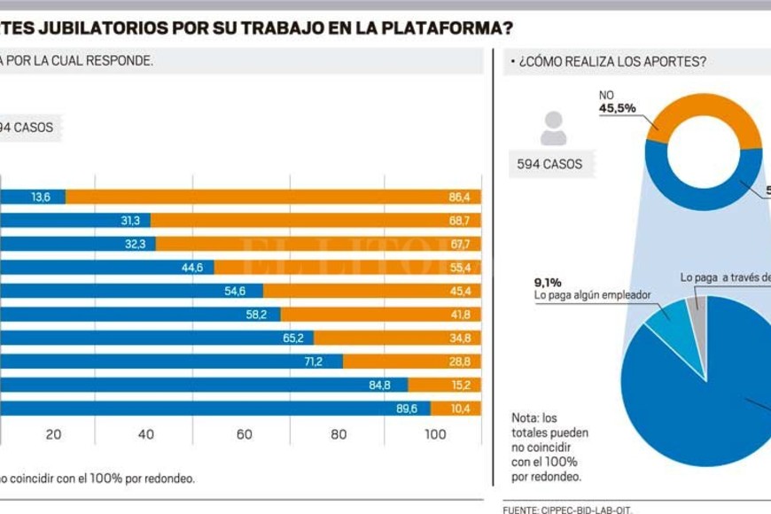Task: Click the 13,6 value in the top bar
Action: [41, 197]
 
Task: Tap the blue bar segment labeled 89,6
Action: [213, 409]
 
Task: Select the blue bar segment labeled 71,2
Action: [168, 362]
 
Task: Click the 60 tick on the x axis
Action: [244, 434]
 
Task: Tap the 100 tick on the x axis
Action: [435, 434]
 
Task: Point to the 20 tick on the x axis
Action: [52, 434]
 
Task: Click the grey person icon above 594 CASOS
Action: [553, 128]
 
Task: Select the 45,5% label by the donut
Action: [618, 109]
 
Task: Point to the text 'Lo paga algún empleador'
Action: [593, 296]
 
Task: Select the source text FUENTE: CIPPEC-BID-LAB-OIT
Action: [567, 510]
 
